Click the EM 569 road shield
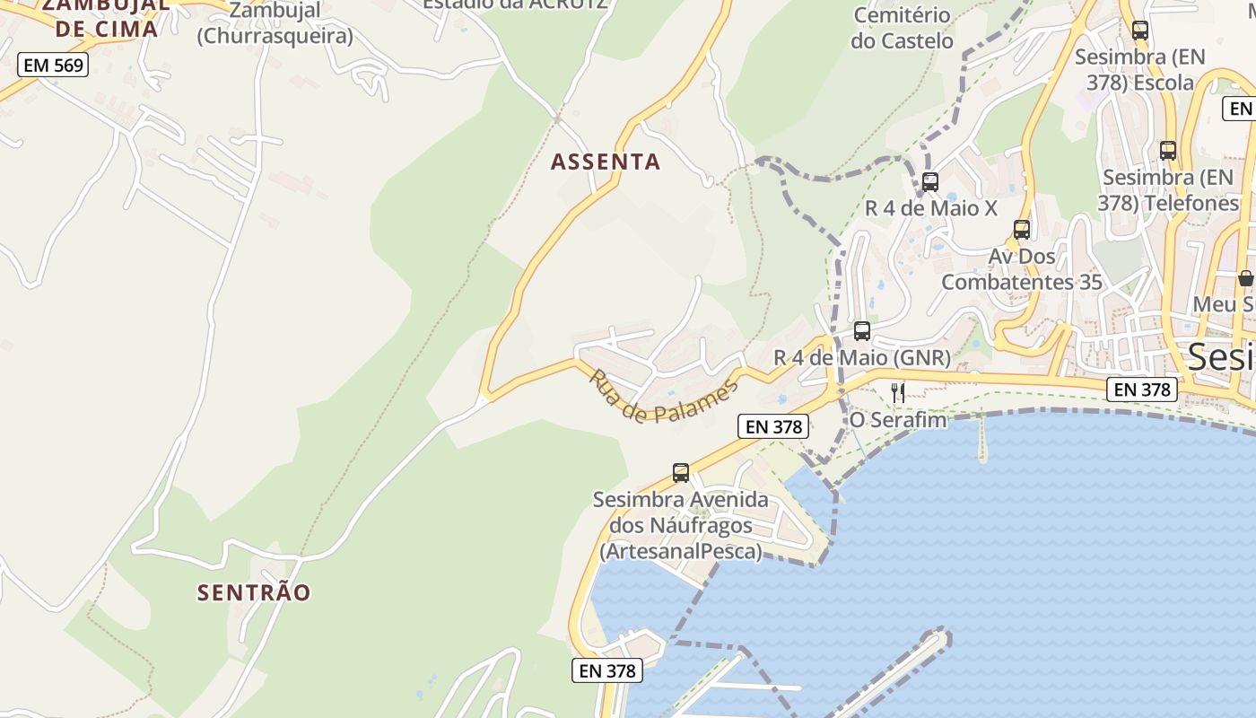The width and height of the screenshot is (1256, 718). click(53, 65)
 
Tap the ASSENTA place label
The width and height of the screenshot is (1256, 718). click(606, 162)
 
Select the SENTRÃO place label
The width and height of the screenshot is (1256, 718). click(254, 592)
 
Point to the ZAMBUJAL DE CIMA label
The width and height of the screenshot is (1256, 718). click(107, 17)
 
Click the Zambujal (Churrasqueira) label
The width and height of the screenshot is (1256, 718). click(275, 24)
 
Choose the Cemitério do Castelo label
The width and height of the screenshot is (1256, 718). click(902, 28)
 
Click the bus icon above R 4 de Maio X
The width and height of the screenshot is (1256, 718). click(930, 182)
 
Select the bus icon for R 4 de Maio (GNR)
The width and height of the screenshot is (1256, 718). click(862, 331)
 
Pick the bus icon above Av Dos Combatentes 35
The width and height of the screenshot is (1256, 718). click(1021, 230)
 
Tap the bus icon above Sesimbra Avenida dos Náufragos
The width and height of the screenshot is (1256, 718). click(681, 473)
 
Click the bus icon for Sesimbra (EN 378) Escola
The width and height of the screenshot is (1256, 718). click(1140, 31)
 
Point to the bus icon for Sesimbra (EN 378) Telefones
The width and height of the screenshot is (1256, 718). click(1168, 151)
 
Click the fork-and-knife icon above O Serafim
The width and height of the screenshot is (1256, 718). click(898, 392)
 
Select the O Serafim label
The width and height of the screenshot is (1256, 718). click(898, 419)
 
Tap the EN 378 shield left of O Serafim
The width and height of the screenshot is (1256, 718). click(774, 427)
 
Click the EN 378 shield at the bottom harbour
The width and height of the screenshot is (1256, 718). click(607, 670)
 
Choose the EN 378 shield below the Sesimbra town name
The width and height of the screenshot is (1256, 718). click(1141, 390)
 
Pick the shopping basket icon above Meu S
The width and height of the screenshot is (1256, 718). click(1245, 278)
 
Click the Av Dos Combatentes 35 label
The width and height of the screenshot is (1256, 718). click(1022, 269)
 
